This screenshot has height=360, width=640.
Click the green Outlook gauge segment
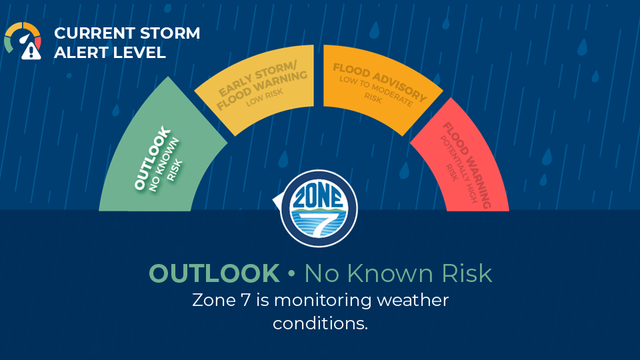point(159,155)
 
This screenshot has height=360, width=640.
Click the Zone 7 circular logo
point(319,208)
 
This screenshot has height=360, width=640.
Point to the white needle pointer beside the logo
point(277,200)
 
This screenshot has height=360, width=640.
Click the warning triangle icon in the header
point(31,51)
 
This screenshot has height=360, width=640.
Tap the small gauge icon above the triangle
point(23,37)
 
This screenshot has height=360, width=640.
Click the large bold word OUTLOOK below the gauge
point(214,273)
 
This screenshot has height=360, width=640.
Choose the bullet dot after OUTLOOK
point(291,273)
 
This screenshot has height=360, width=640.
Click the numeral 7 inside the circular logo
point(321,221)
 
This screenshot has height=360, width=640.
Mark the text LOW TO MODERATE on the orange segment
point(376,91)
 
